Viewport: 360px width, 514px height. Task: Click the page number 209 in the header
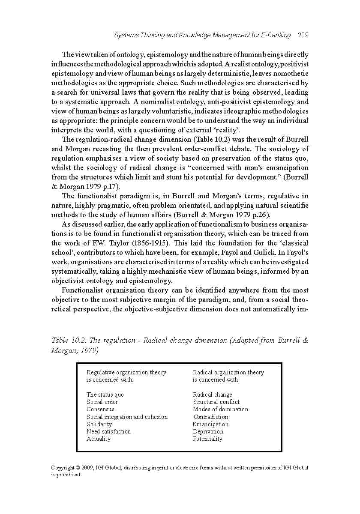303,35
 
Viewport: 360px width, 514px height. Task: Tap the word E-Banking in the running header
276,35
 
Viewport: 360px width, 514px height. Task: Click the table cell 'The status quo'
105,394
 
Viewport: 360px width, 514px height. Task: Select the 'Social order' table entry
102,402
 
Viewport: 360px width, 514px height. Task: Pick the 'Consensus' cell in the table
100,409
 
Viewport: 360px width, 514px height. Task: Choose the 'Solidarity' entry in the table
99,424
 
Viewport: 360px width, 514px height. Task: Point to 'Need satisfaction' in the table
108,431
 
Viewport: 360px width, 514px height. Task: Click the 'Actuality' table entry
99,439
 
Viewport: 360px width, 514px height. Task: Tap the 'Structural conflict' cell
216,402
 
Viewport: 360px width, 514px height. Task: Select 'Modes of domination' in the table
220,409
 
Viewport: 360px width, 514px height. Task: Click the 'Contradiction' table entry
211,417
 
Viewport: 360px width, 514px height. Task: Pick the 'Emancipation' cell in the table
210,424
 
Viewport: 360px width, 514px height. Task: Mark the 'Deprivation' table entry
208,431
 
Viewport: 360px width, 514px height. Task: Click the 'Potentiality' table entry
207,439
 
